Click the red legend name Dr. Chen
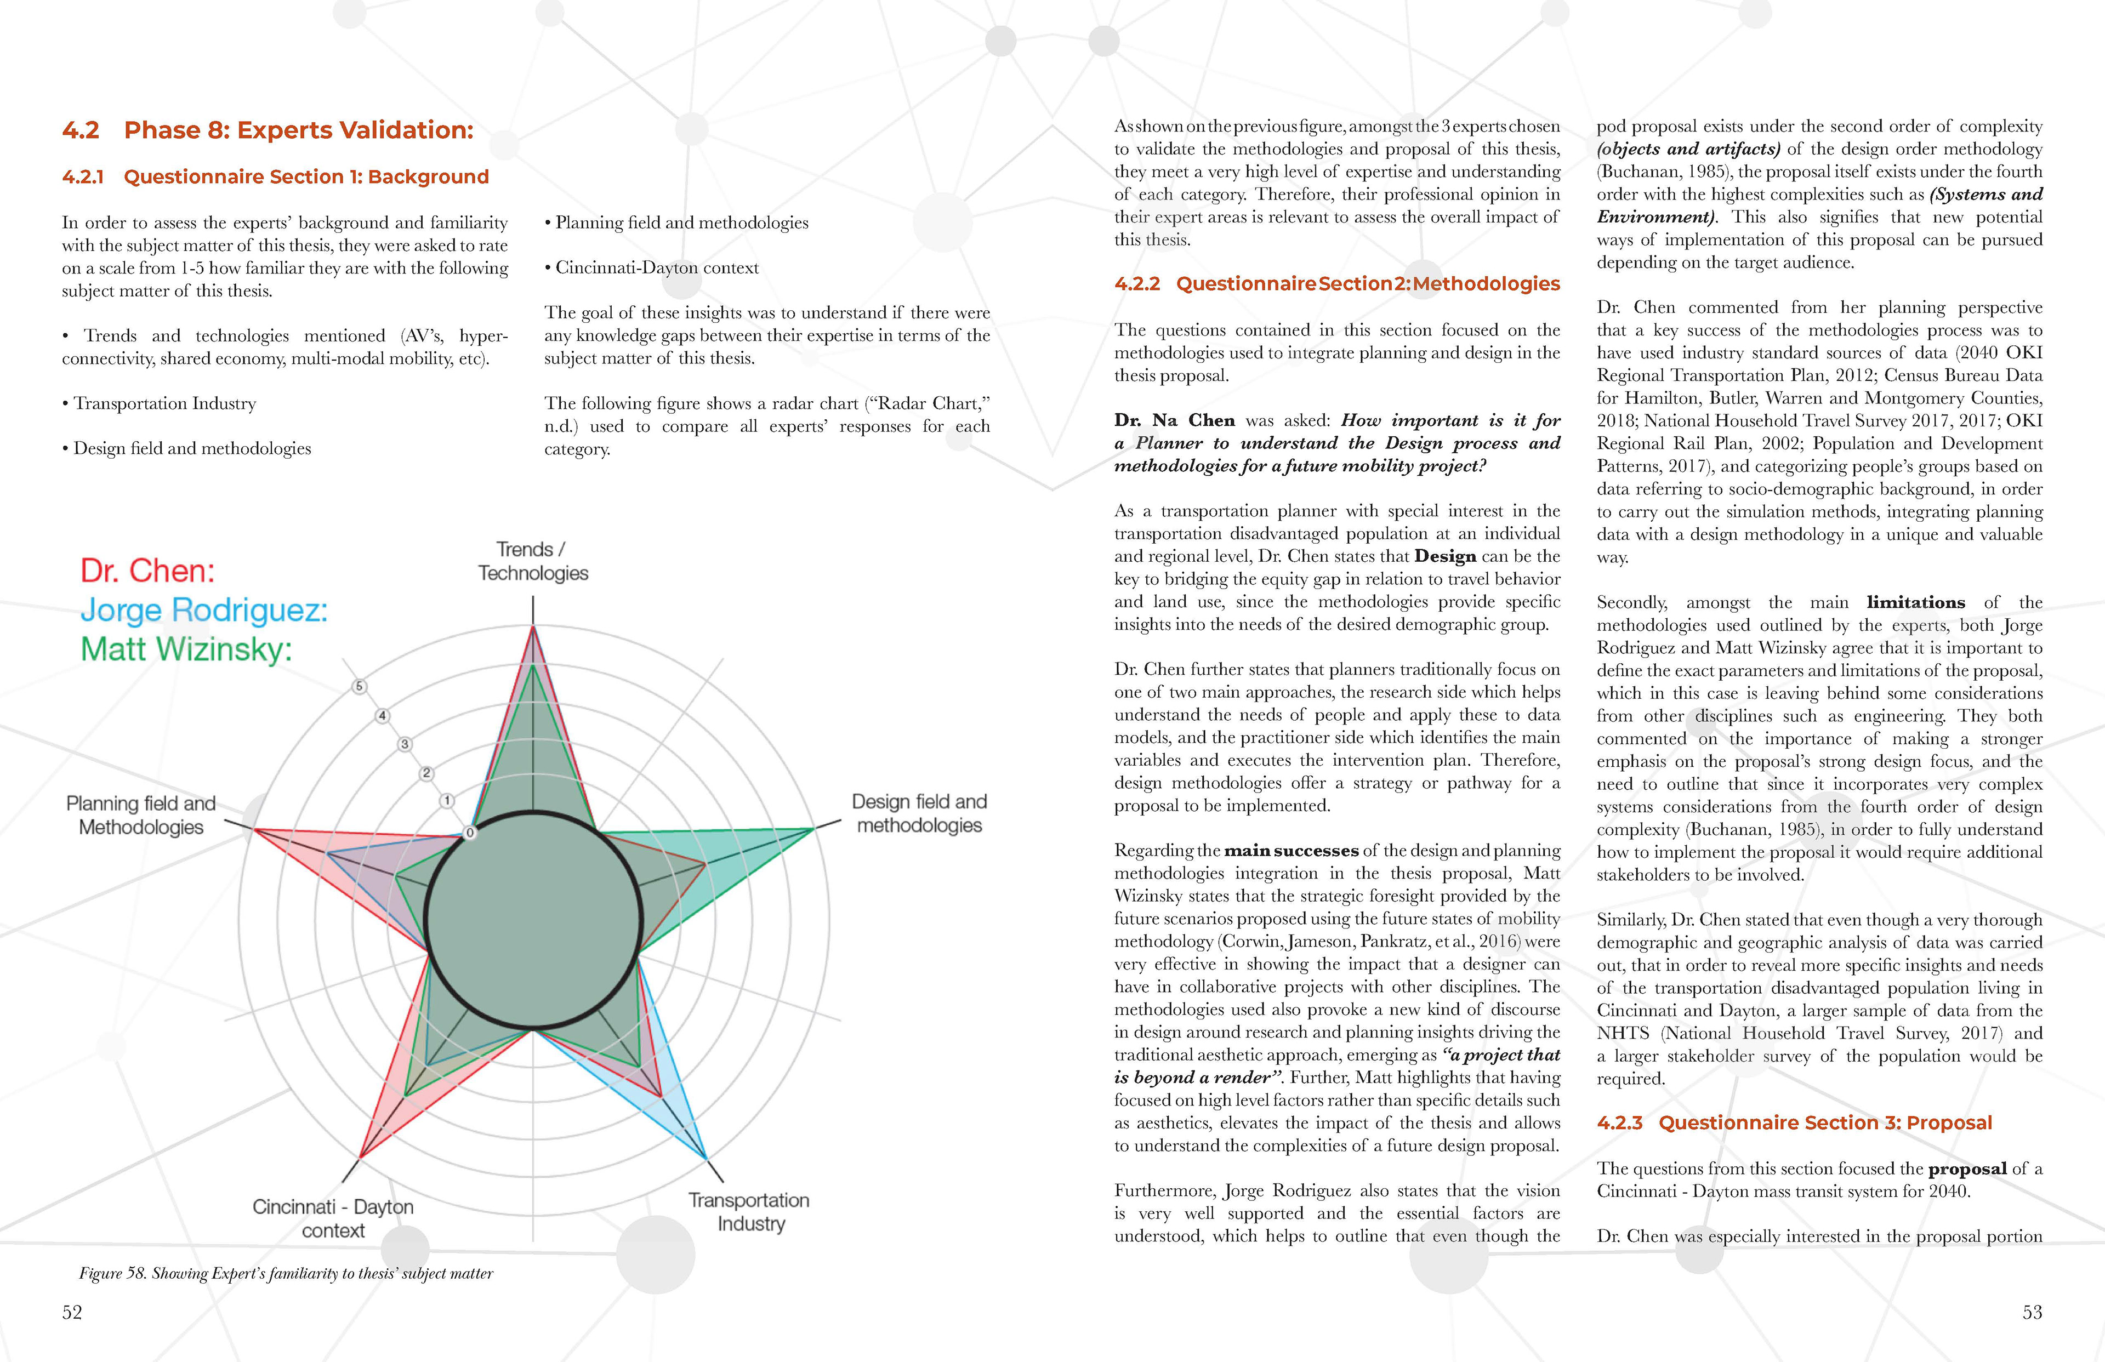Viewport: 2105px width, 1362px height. tap(147, 571)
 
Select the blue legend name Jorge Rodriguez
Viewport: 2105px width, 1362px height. tap(203, 610)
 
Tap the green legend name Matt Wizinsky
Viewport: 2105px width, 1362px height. tap(186, 649)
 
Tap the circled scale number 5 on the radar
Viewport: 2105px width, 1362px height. tap(359, 686)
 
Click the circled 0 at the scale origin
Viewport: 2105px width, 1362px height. tap(470, 832)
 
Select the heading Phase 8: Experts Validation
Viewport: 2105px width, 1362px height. tap(298, 130)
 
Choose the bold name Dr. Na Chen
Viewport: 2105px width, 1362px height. tap(1175, 420)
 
